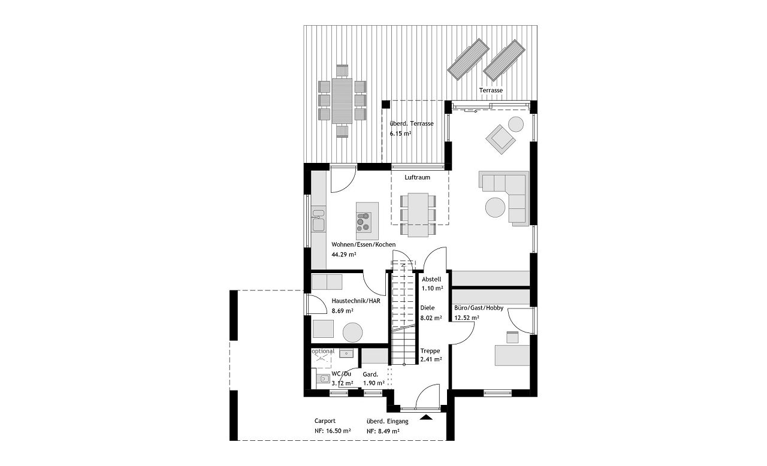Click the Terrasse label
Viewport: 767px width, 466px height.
pyautogui.click(x=491, y=90)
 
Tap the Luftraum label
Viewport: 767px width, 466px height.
pyautogui.click(x=417, y=177)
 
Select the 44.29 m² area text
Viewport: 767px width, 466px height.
pyautogui.click(x=344, y=255)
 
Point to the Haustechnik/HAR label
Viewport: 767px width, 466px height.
pyautogui.click(x=356, y=301)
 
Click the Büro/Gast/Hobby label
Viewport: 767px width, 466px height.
pyautogui.click(x=479, y=308)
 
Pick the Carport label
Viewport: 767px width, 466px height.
pyautogui.click(x=325, y=421)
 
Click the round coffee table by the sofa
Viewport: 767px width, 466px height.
pyautogui.click(x=495, y=207)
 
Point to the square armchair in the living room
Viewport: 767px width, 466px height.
pyautogui.click(x=500, y=139)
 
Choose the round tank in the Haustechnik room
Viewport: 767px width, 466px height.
pyautogui.click(x=353, y=332)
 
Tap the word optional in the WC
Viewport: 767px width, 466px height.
pyautogui.click(x=323, y=351)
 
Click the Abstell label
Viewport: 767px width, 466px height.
pyautogui.click(x=431, y=279)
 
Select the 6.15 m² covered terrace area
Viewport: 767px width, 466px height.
pyautogui.click(x=400, y=134)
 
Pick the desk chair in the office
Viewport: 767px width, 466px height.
pyautogui.click(x=512, y=337)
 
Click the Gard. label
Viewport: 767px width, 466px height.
pyautogui.click(x=370, y=374)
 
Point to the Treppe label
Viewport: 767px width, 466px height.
pyautogui.click(x=430, y=350)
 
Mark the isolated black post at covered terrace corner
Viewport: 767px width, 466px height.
pyautogui.click(x=386, y=104)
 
